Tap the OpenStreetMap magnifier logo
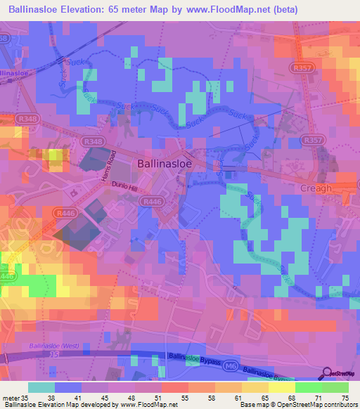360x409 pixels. tap(326, 373)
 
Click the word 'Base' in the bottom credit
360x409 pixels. tap(245, 405)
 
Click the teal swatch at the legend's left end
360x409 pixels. tap(41, 387)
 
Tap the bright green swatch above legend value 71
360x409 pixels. tap(309, 387)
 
